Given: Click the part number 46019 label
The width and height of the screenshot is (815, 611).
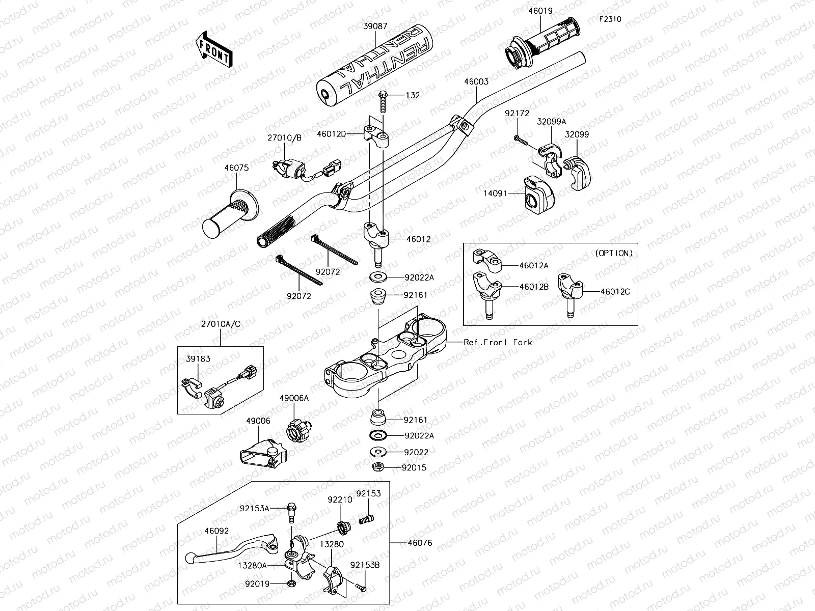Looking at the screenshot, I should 540,10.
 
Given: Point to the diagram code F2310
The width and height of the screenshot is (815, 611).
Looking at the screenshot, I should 610,19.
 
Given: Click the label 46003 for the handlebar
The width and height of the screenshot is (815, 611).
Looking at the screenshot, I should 476,81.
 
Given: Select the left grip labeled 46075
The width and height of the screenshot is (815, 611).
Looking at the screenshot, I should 229,216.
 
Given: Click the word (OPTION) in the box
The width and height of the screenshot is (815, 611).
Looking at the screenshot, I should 614,253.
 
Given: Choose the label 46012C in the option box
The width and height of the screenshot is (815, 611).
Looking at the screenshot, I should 615,292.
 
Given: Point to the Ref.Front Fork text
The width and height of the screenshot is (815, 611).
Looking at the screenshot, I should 498,342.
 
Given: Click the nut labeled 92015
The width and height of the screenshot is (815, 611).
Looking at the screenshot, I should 378,467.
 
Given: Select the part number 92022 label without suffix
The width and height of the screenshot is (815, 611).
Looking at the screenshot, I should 416,452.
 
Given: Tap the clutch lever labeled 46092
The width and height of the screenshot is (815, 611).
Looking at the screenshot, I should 229,550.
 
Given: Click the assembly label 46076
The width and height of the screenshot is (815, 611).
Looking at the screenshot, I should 419,543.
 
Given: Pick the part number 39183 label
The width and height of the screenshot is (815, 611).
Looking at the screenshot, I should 199,359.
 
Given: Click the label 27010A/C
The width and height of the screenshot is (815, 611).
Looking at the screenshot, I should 221,324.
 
